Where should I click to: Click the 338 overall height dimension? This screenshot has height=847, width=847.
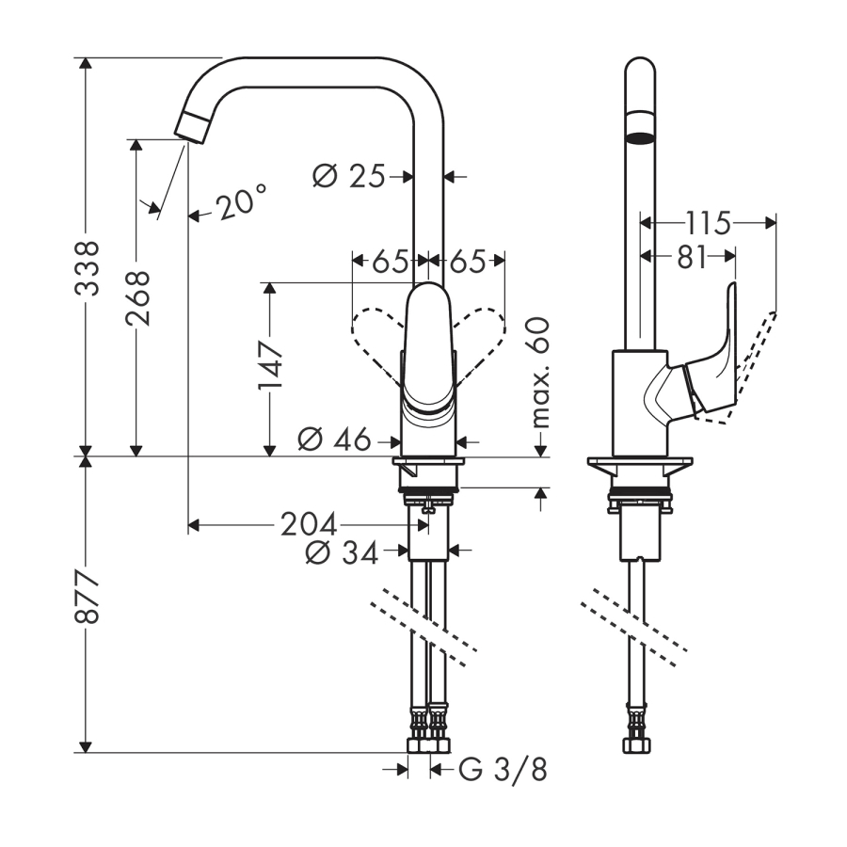(x=88, y=268)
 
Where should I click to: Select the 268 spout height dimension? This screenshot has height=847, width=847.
(x=137, y=297)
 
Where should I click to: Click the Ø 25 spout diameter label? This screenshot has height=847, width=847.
(x=348, y=175)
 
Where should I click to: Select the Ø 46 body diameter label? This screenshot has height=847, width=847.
(x=334, y=439)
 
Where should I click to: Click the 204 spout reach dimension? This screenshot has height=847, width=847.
(x=309, y=524)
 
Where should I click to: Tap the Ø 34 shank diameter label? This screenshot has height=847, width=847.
(x=342, y=553)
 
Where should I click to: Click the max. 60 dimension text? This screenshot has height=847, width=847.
(x=540, y=372)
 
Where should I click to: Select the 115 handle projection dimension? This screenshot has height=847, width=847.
(x=708, y=223)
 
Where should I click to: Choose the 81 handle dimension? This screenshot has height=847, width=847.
(x=692, y=257)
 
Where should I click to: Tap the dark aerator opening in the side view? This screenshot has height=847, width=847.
(x=641, y=138)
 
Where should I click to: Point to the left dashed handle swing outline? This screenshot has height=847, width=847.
(x=376, y=337)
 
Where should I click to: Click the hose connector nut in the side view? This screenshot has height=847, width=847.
(x=636, y=743)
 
